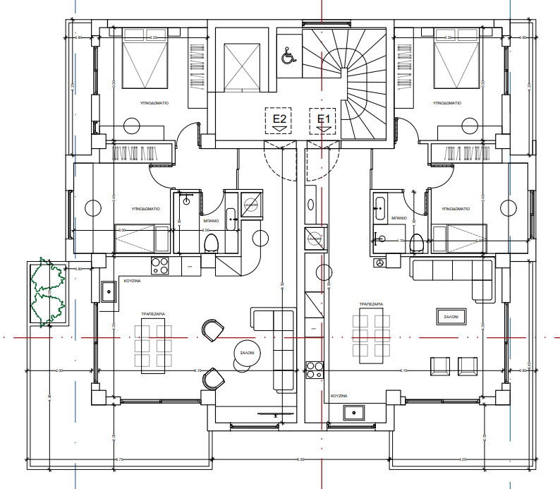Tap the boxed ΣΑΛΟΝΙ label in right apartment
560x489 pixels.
coord(450,318)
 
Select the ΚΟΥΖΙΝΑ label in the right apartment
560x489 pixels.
coord(342,397)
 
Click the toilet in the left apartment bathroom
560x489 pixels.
coord(210,244)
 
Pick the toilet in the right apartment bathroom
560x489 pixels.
coord(417,241)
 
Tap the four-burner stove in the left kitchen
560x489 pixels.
coord(160,266)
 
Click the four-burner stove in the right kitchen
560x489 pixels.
coord(314,370)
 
